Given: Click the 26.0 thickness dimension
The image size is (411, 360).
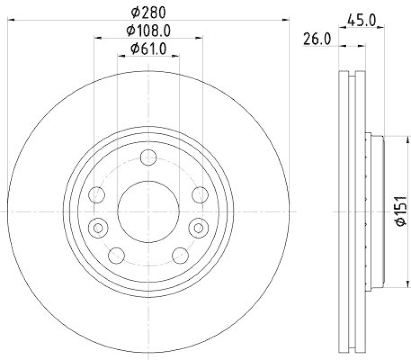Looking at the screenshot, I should [x=317, y=39].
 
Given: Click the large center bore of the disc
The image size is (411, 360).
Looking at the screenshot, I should [x=148, y=211].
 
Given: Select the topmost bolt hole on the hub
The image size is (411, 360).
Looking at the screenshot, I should [x=148, y=158].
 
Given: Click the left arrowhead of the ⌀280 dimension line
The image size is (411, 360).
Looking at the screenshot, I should [x=11, y=20].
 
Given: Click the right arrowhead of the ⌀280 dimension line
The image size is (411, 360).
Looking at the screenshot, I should [x=287, y=20].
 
